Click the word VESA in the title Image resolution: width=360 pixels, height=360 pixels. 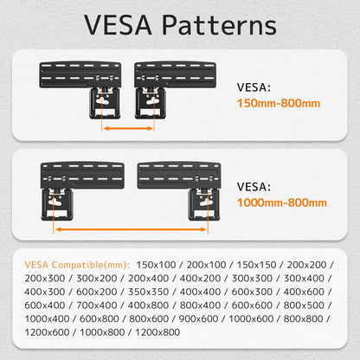click(118, 25)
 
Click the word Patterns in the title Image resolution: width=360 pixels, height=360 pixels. click(219, 25)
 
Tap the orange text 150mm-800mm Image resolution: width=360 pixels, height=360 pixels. click(279, 103)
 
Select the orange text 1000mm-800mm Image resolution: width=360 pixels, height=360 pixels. click(282, 202)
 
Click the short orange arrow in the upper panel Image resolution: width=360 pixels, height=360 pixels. click(128, 128)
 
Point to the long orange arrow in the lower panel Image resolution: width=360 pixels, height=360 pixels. click(131, 229)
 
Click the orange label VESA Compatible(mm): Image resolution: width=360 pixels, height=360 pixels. click(77, 265)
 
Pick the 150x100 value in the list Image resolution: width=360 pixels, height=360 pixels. click(156, 265)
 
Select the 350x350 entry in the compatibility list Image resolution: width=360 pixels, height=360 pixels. click(148, 292)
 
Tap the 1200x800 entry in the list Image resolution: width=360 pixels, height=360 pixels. click(157, 332)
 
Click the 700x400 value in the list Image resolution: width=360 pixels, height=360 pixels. click(96, 305)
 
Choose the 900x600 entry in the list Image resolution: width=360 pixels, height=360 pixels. click(198, 318)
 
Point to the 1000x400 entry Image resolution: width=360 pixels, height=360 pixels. click(47, 318)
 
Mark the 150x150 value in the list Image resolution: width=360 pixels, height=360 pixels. click(256, 265)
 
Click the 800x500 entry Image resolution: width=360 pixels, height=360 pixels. click(304, 305)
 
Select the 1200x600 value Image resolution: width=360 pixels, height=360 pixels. click(47, 332)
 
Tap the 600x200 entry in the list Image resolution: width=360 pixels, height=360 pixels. click(96, 292)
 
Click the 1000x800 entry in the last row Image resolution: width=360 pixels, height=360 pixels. click(102, 332)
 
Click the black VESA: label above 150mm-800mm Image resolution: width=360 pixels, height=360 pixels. click(254, 87)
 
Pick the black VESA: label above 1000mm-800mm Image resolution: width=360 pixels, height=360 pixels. click(254, 187)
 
